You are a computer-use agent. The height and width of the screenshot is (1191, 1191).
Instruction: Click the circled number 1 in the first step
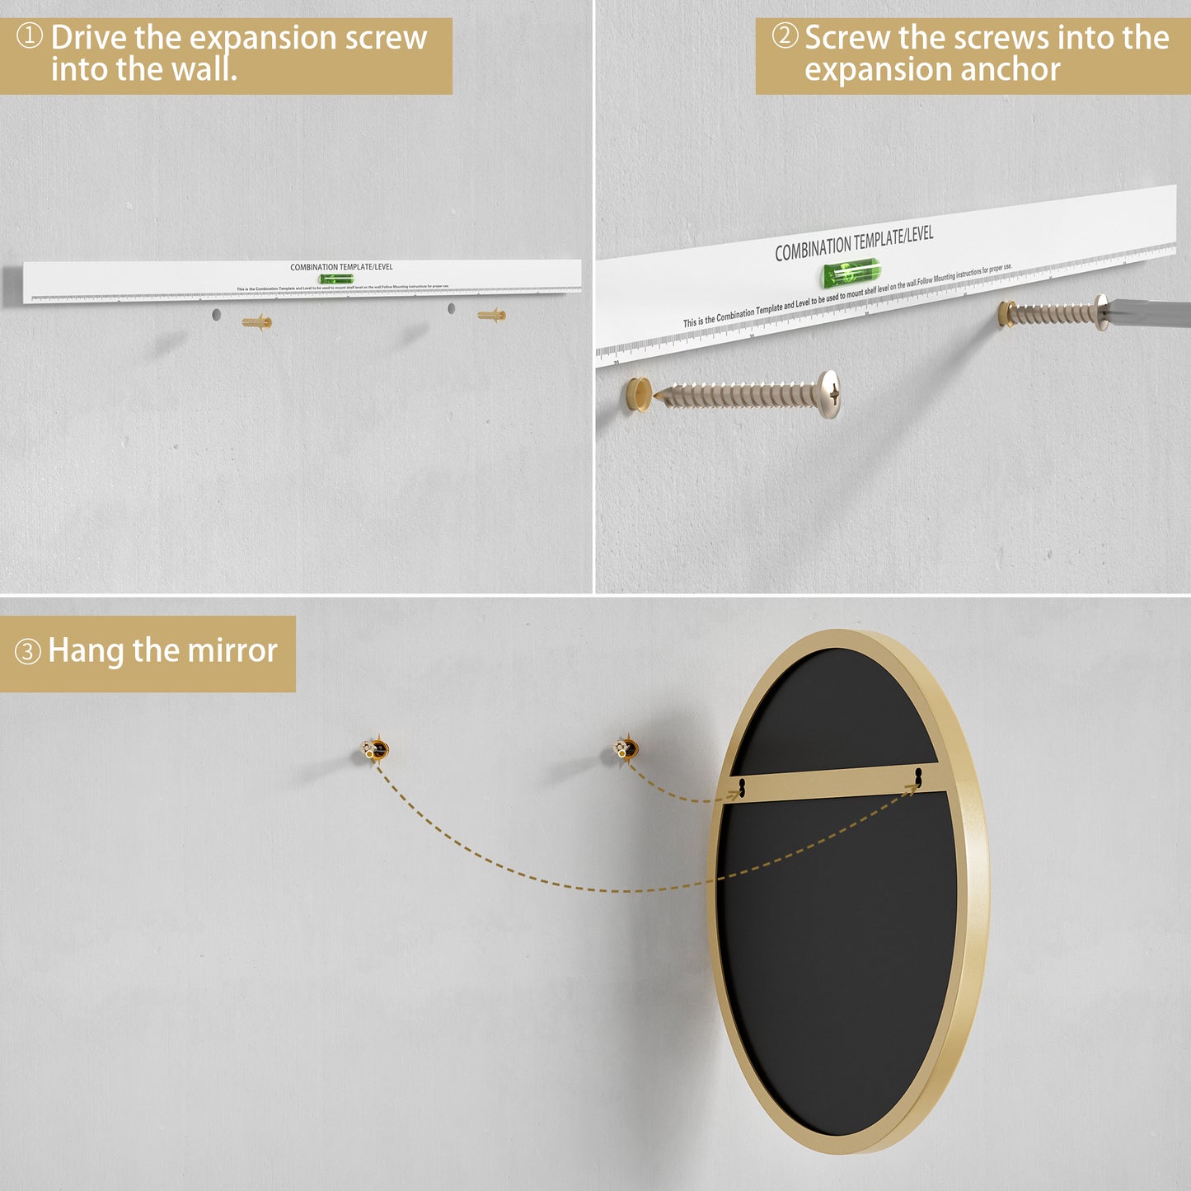click(x=30, y=36)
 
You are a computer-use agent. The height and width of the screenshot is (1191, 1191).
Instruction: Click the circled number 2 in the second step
click(x=785, y=36)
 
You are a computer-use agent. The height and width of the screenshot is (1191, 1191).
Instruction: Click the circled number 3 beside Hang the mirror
click(x=28, y=652)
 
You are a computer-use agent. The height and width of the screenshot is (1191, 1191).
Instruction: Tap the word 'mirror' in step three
click(x=232, y=651)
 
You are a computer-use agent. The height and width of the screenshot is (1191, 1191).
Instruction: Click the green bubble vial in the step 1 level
click(x=336, y=279)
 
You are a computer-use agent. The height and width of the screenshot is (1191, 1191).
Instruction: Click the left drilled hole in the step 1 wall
click(x=216, y=314)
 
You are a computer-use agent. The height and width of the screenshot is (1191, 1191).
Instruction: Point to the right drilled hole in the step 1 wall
click(x=451, y=308)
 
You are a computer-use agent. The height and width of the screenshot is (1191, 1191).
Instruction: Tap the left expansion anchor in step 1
click(x=257, y=321)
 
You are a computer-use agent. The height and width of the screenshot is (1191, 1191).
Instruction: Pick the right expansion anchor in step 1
click(x=492, y=315)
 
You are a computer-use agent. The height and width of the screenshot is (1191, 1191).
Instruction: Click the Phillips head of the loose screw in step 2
click(x=829, y=393)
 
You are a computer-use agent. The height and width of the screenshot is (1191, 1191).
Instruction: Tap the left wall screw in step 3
click(x=375, y=750)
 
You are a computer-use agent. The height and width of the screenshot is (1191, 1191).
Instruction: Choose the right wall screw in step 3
click(x=626, y=748)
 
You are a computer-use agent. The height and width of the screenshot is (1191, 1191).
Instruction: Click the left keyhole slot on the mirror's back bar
click(x=742, y=789)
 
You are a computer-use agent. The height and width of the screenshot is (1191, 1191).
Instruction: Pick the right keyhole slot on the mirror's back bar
click(x=918, y=776)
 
